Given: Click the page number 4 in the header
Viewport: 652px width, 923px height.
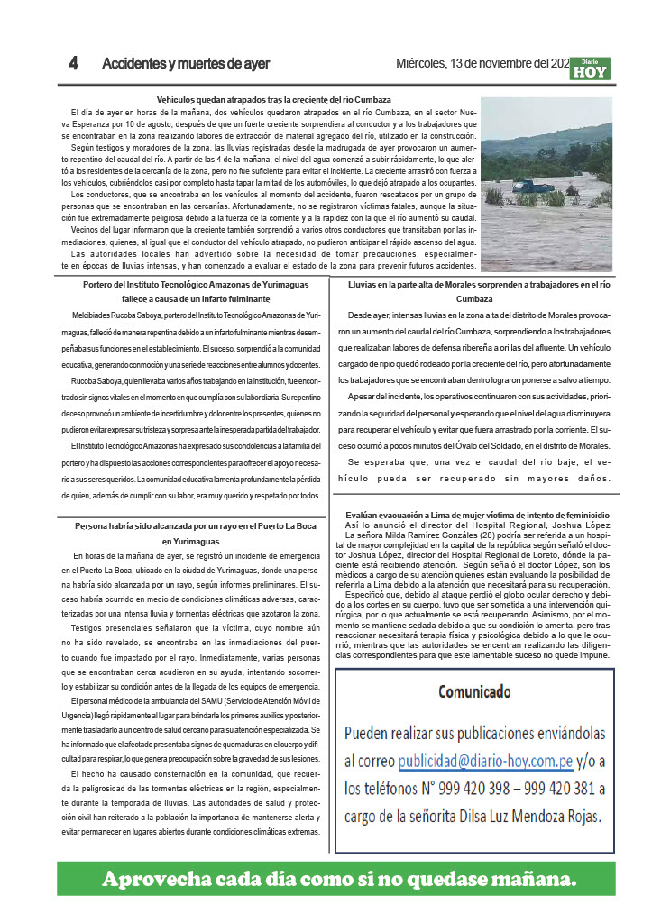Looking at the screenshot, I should click(74, 64).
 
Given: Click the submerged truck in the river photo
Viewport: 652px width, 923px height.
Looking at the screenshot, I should click(534, 186).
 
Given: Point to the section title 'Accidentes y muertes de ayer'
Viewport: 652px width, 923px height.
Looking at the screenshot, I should click(186, 64).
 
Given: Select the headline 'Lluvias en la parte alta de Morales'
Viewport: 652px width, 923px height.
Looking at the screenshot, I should click(479, 285).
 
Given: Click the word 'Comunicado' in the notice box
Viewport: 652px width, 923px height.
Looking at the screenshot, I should click(474, 692).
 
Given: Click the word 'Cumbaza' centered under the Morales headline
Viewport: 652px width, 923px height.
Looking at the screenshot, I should click(480, 299).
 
